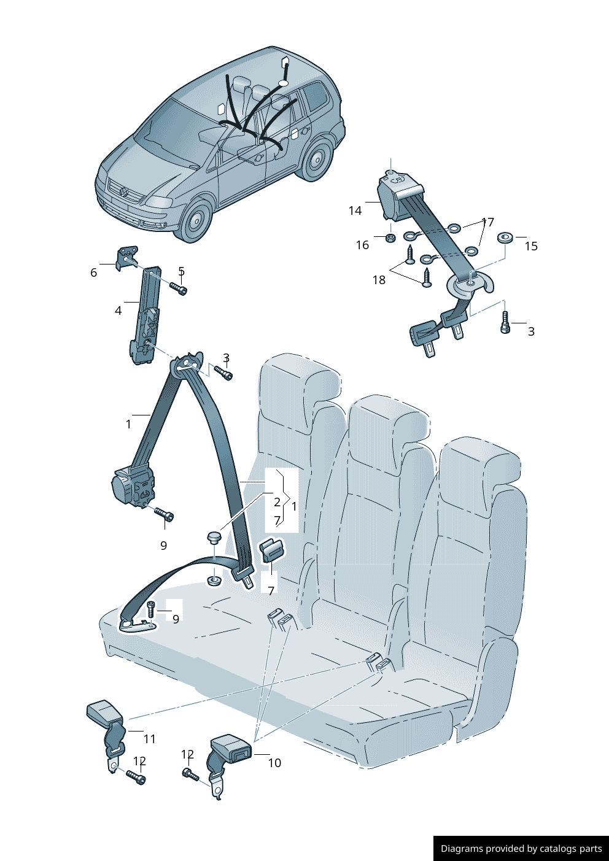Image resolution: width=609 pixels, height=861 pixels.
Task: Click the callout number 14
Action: (355, 210)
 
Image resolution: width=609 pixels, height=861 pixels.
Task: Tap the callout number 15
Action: (531, 246)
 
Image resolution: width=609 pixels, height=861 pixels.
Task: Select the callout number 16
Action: (362, 245)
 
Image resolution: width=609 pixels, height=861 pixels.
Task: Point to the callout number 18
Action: (379, 280)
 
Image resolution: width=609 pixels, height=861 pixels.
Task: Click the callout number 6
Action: (93, 272)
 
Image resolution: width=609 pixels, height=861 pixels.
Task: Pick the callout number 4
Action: (118, 311)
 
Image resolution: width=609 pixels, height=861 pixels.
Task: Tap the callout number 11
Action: (150, 739)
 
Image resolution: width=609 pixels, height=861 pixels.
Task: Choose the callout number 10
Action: (274, 763)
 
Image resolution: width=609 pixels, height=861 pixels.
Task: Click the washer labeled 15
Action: (505, 237)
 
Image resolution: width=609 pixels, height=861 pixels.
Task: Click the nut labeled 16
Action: (389, 237)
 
